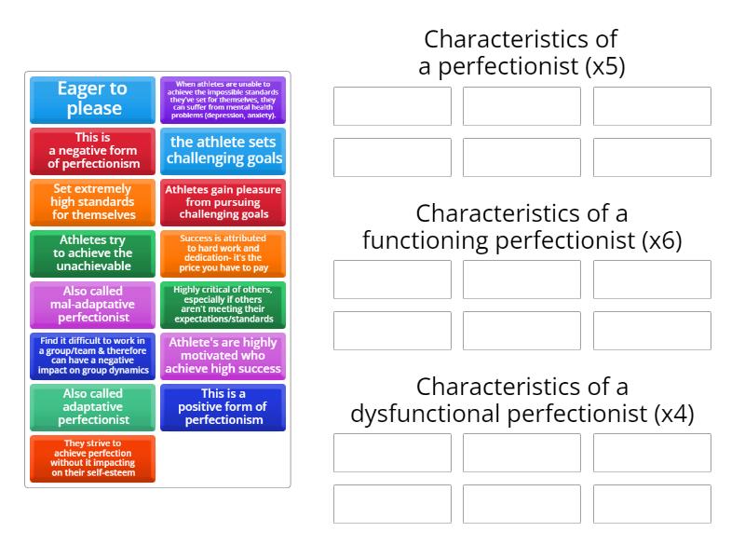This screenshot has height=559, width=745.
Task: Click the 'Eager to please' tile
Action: (92, 100)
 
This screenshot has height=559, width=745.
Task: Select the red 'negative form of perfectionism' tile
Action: (92, 151)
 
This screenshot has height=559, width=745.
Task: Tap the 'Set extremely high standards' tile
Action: (92, 202)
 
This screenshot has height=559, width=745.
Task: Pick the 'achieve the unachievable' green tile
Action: (92, 253)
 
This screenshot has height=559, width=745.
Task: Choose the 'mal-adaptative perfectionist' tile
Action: (92, 305)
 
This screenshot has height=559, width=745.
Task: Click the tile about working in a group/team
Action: (92, 356)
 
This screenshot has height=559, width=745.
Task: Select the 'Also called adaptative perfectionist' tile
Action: (92, 407)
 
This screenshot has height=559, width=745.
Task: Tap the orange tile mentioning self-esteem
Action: (92, 458)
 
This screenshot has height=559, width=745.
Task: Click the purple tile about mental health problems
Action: (223, 100)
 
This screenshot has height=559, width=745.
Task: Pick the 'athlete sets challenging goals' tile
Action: (223, 151)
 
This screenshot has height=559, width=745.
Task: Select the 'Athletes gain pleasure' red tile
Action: (223, 202)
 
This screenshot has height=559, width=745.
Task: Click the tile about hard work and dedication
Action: (223, 253)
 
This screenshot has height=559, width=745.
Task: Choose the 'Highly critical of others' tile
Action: (223, 305)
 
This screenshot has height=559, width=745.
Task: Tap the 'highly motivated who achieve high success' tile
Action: (223, 356)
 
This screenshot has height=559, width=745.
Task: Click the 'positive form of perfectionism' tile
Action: (223, 407)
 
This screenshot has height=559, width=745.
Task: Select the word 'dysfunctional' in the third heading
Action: (421, 414)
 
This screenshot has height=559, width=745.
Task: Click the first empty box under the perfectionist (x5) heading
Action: (392, 106)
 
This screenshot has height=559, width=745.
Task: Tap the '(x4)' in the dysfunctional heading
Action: (674, 414)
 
